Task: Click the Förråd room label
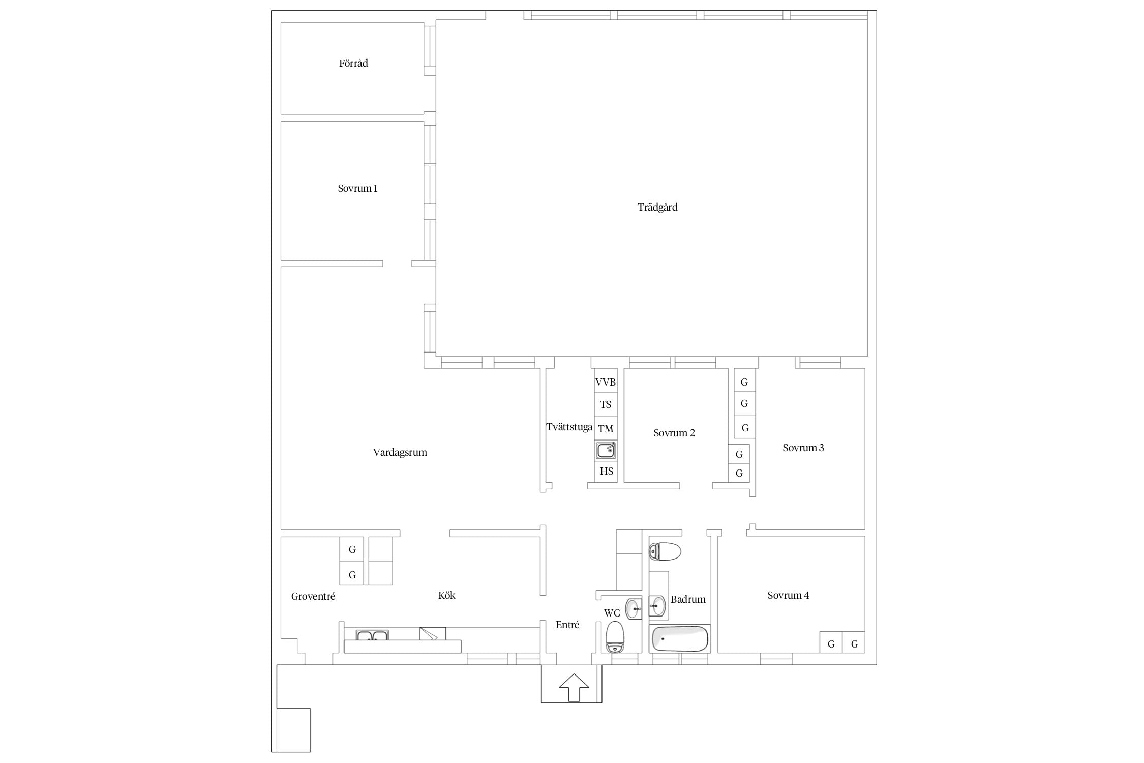353,64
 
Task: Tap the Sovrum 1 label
357,189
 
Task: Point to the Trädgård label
657,208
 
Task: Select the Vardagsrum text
400,453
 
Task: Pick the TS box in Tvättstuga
606,404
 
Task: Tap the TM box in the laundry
606,428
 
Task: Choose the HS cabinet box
606,472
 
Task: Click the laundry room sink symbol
606,451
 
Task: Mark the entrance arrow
574,688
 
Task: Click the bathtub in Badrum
680,639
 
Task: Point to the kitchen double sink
372,635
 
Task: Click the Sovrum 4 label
788,596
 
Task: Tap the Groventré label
313,597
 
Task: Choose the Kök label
447,596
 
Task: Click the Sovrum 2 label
674,433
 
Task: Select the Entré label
567,625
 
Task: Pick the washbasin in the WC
634,609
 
